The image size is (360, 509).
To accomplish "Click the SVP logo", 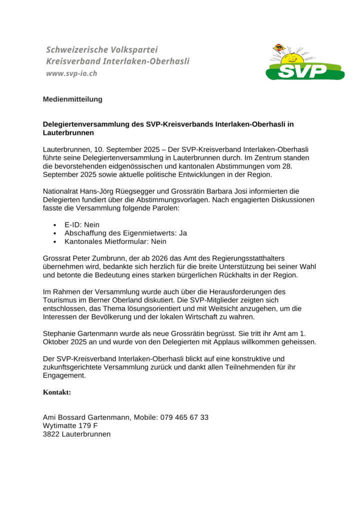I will tap(305, 63).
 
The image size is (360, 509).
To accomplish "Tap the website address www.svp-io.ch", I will tap(71, 73).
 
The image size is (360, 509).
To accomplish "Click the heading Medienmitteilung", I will tap(72, 99).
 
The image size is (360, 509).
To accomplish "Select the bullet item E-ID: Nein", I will tap(82, 225).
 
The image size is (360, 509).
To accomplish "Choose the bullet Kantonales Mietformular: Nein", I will tap(115, 241).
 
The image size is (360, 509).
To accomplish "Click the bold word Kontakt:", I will tap(57, 392).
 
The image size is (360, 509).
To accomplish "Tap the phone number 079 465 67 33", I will tap(184, 417).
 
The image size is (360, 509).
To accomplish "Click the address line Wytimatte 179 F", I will tap(70, 425).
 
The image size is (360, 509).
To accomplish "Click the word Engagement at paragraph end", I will tap(64, 375).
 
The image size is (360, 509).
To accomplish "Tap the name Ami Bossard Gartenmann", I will tap(86, 417).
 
